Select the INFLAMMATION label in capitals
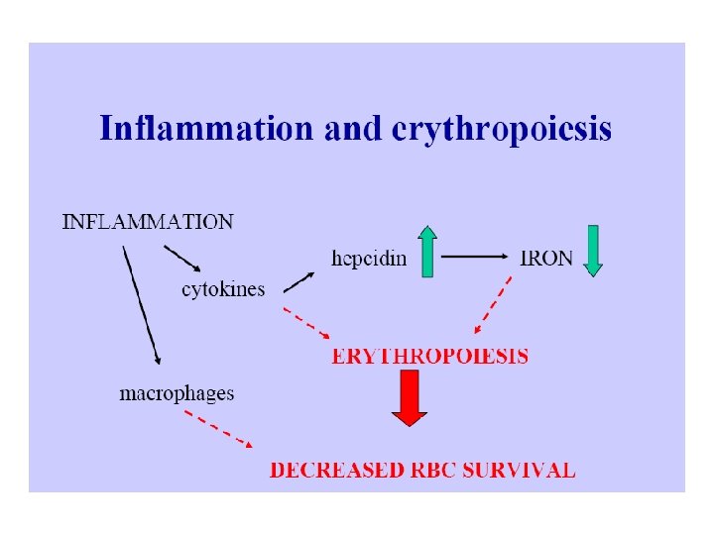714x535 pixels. coord(148,222)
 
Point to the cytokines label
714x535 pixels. coord(223,289)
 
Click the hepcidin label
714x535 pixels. coord(368,258)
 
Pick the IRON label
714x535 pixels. coord(546,258)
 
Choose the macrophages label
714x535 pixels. coord(177,393)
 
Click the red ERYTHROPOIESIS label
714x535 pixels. coord(429,356)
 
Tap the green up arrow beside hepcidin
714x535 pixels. coord(427,251)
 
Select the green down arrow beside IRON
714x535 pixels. coord(592,251)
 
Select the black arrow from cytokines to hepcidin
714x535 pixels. coord(298,282)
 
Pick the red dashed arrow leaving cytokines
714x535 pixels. coord(306,321)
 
